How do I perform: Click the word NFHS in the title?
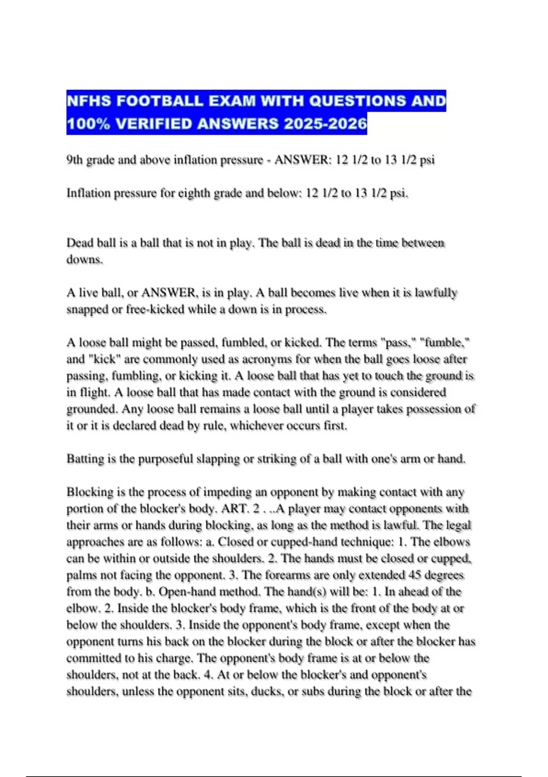(89, 101)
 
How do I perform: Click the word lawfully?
(436, 293)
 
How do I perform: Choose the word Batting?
(85, 459)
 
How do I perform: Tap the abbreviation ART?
(234, 509)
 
